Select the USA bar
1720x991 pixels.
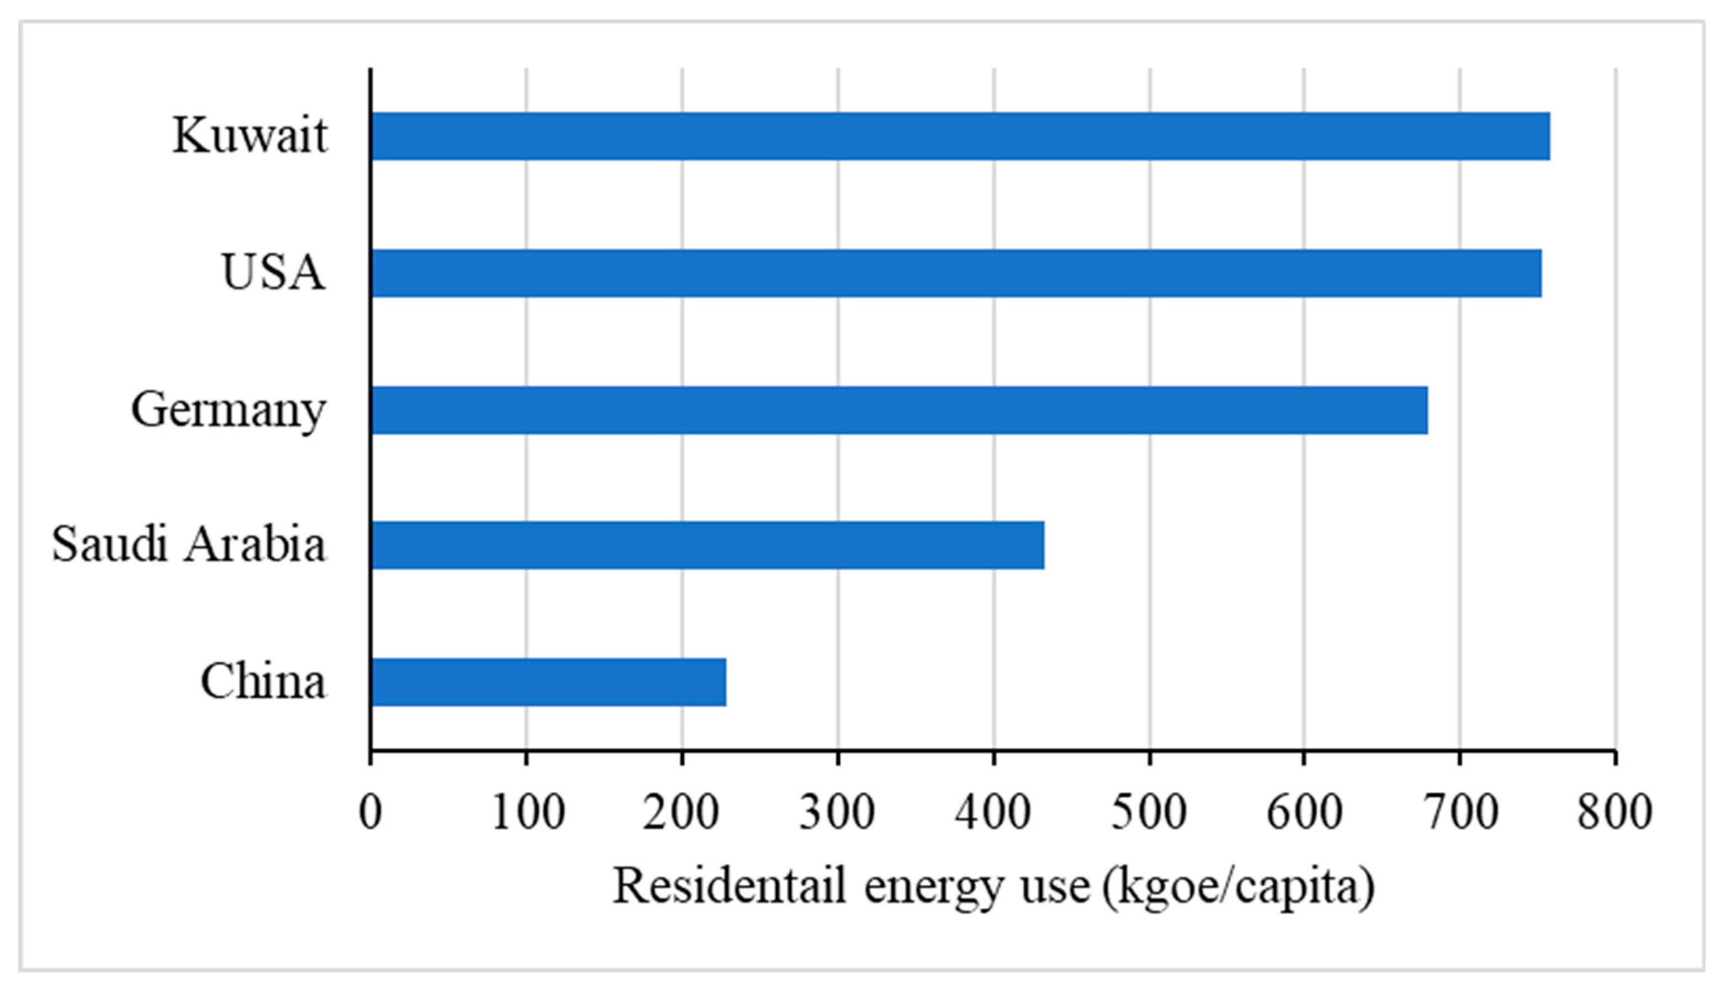[956, 273]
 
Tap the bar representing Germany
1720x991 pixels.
[899, 410]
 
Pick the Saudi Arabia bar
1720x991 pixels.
[707, 545]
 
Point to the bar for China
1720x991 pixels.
[548, 682]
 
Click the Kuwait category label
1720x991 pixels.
[250, 135]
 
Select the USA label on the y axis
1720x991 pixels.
[273, 272]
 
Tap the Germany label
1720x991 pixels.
[229, 410]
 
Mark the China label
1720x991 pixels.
[263, 681]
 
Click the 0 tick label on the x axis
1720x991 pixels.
[370, 812]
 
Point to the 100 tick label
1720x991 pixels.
[527, 812]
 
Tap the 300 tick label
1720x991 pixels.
[838, 812]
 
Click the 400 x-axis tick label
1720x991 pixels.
[993, 812]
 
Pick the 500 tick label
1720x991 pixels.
[1149, 812]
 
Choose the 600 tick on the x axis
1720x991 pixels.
[1304, 812]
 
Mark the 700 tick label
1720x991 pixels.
[1460, 812]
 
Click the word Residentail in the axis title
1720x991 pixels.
[730, 887]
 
